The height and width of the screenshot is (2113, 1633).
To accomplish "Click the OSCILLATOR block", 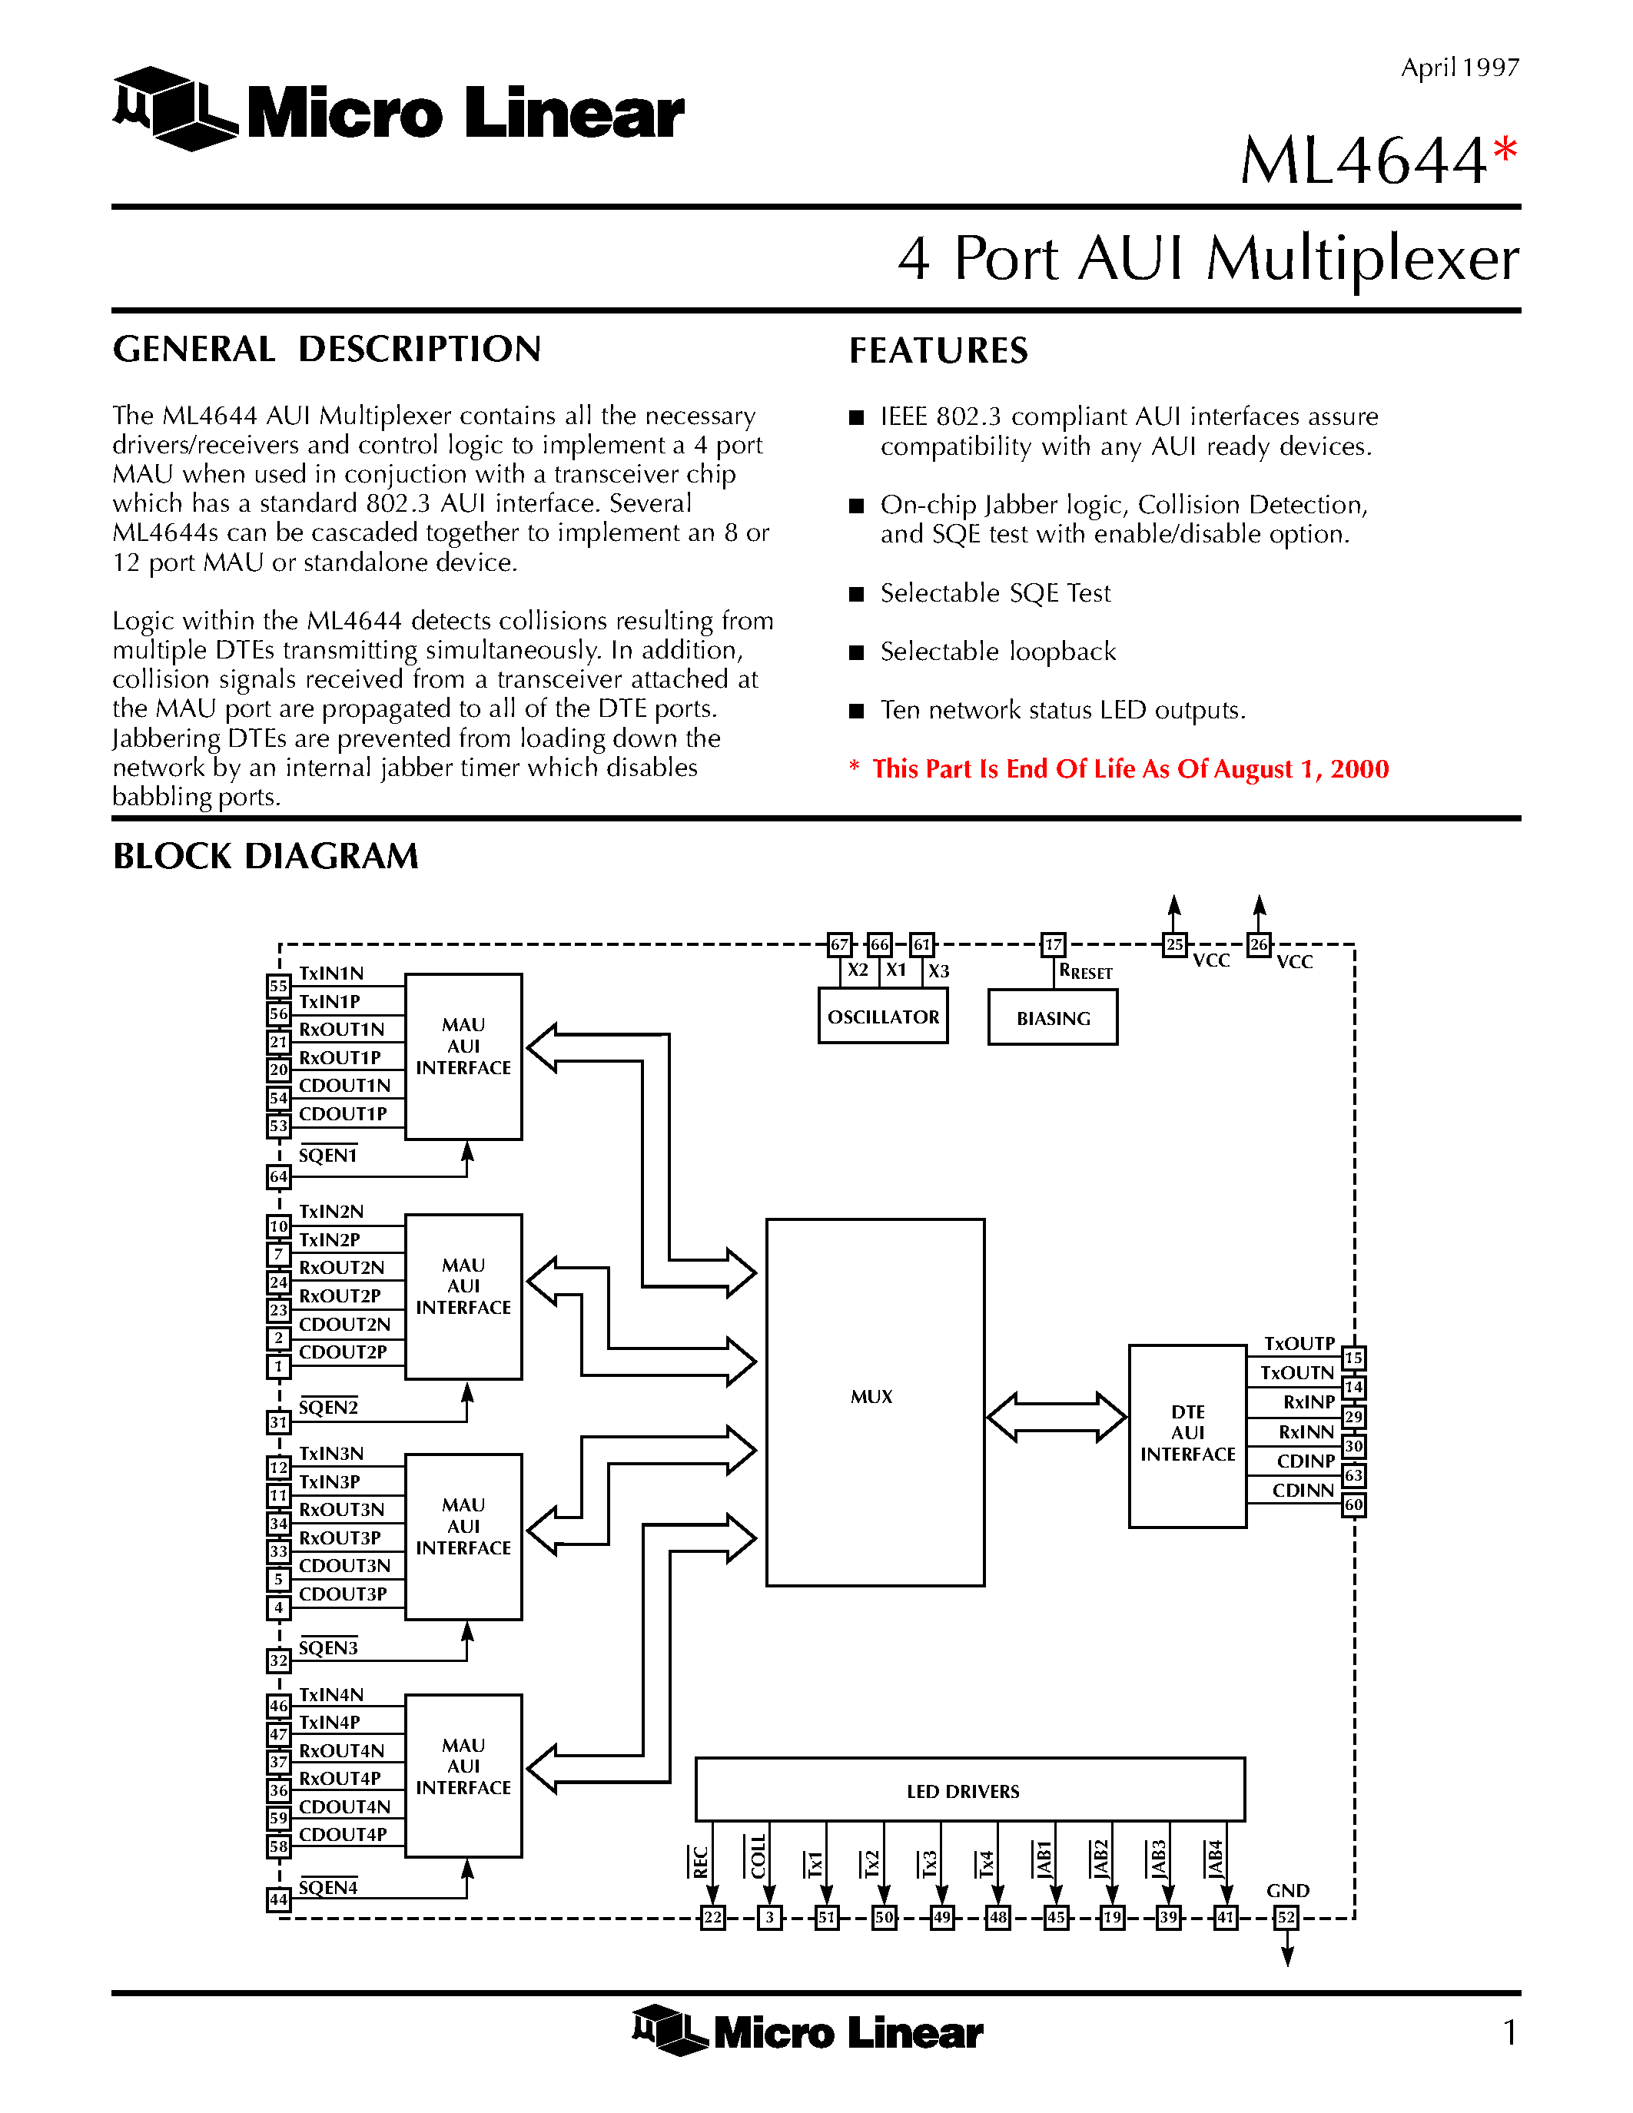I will point(882,1016).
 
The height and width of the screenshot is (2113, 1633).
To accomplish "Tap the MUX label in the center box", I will point(871,1396).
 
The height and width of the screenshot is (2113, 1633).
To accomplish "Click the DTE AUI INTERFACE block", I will point(1187,1434).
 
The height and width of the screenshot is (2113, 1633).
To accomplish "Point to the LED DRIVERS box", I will point(969,1791).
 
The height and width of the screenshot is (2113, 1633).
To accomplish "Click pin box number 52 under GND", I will point(1286,1916).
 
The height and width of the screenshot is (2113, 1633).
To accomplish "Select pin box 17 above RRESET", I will point(1053,944).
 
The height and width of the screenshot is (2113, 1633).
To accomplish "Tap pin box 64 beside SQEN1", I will point(279,1176).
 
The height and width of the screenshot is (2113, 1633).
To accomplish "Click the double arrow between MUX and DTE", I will point(1057,1418).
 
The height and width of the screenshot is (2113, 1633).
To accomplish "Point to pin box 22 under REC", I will point(713,1916).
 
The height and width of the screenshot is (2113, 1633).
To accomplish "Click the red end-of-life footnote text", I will point(1130,769).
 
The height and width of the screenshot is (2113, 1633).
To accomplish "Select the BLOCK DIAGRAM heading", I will point(265,856).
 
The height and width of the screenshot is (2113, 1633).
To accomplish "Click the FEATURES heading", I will point(938,350).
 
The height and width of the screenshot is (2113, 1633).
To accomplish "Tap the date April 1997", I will point(1460,68).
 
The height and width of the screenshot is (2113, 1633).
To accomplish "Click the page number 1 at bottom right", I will point(1509,2032).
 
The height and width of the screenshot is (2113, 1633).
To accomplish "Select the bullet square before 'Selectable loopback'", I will point(856,652).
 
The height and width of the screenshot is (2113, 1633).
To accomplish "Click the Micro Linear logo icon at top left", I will point(174,108).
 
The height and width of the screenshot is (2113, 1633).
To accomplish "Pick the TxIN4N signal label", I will point(331,1694).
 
